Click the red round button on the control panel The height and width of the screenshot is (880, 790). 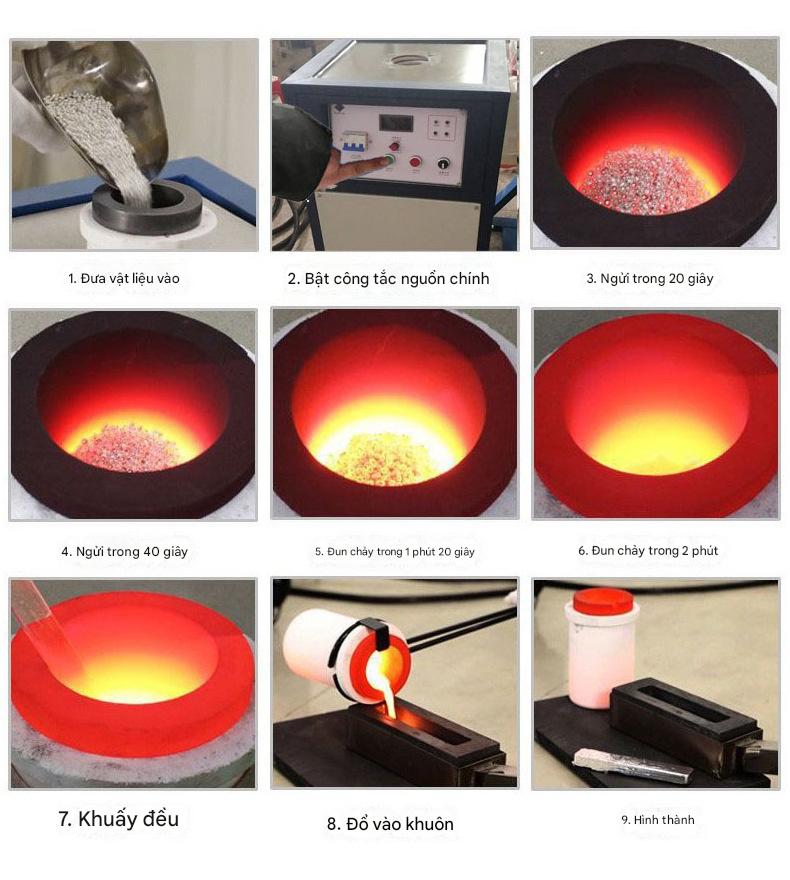coord(415,162)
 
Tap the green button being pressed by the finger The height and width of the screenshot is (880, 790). coord(388,161)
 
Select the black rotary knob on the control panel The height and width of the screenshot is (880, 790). coord(443,164)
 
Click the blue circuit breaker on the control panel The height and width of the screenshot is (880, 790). coord(353,145)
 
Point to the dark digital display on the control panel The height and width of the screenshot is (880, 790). coord(396,123)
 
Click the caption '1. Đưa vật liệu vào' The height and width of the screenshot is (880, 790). coord(124,278)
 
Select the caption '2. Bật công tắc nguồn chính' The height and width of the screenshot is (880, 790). coord(388,278)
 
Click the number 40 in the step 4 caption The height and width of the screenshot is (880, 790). coord(151,552)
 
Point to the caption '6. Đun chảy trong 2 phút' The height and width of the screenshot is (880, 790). coord(648,551)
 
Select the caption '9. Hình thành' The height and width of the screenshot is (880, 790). coord(658,820)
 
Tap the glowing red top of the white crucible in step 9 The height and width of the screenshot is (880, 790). coord(602,601)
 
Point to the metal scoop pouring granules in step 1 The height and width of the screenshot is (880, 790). coord(101,101)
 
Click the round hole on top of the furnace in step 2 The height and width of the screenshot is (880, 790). coord(408,59)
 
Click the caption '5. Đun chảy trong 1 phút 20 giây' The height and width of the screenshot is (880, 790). coord(395,552)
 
